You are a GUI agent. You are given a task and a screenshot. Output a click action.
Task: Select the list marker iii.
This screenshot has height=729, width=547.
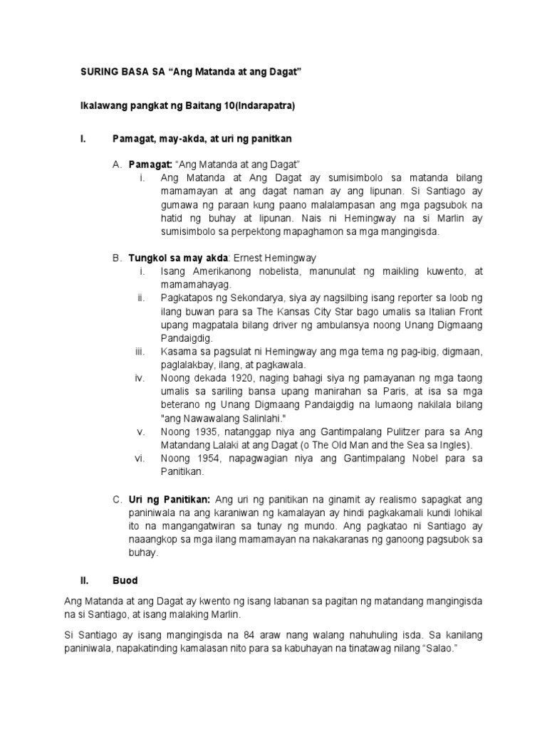pos(140,352)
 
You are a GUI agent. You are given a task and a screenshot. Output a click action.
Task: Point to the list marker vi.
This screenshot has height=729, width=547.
pos(140,458)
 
